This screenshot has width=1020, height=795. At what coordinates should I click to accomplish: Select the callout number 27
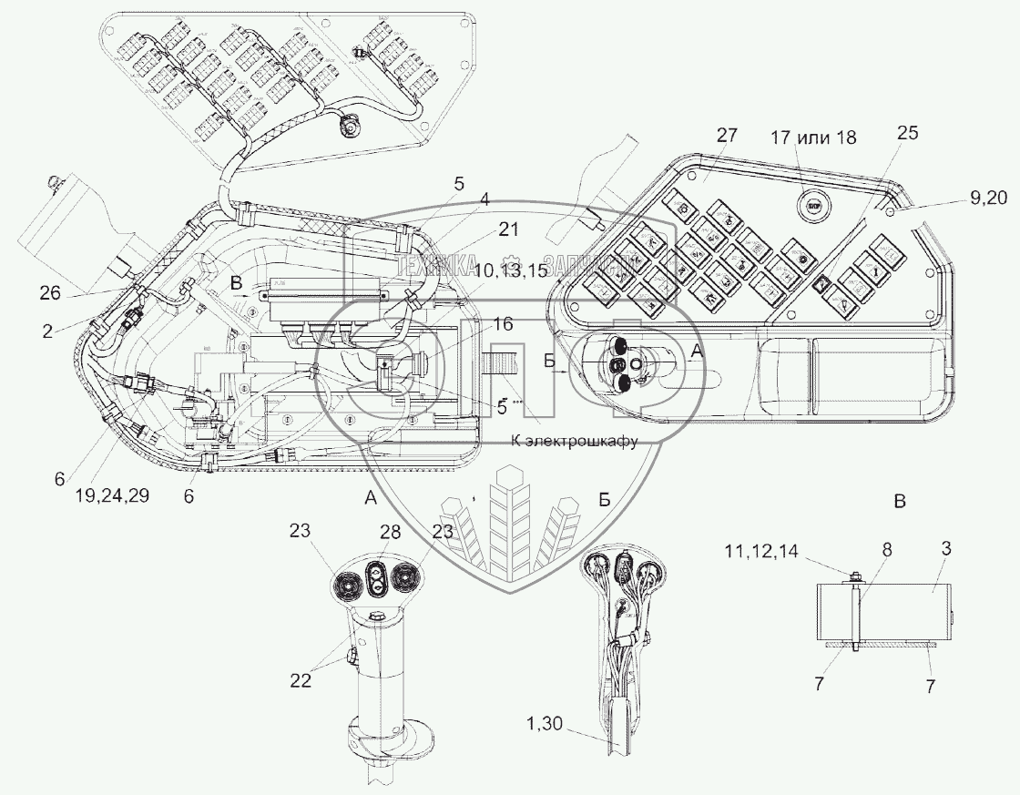tap(726, 136)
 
